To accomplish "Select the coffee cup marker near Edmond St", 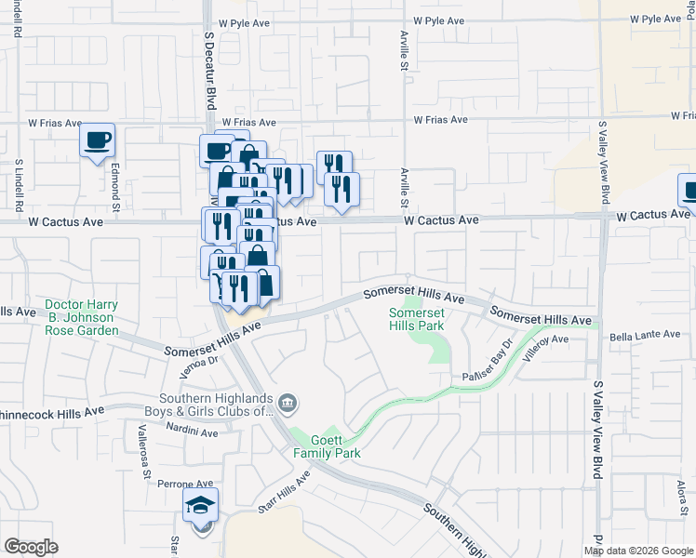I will [x=97, y=141].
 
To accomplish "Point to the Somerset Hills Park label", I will [x=416, y=320].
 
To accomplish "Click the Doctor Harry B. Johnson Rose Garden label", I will [x=82, y=317].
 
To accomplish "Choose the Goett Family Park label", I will [x=327, y=446].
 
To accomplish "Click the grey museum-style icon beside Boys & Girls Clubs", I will [x=288, y=402].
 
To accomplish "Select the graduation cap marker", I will [x=200, y=505].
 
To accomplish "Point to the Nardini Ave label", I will [x=192, y=432].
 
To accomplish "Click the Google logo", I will [x=31, y=547].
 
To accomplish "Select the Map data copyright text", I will [x=637, y=551].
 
